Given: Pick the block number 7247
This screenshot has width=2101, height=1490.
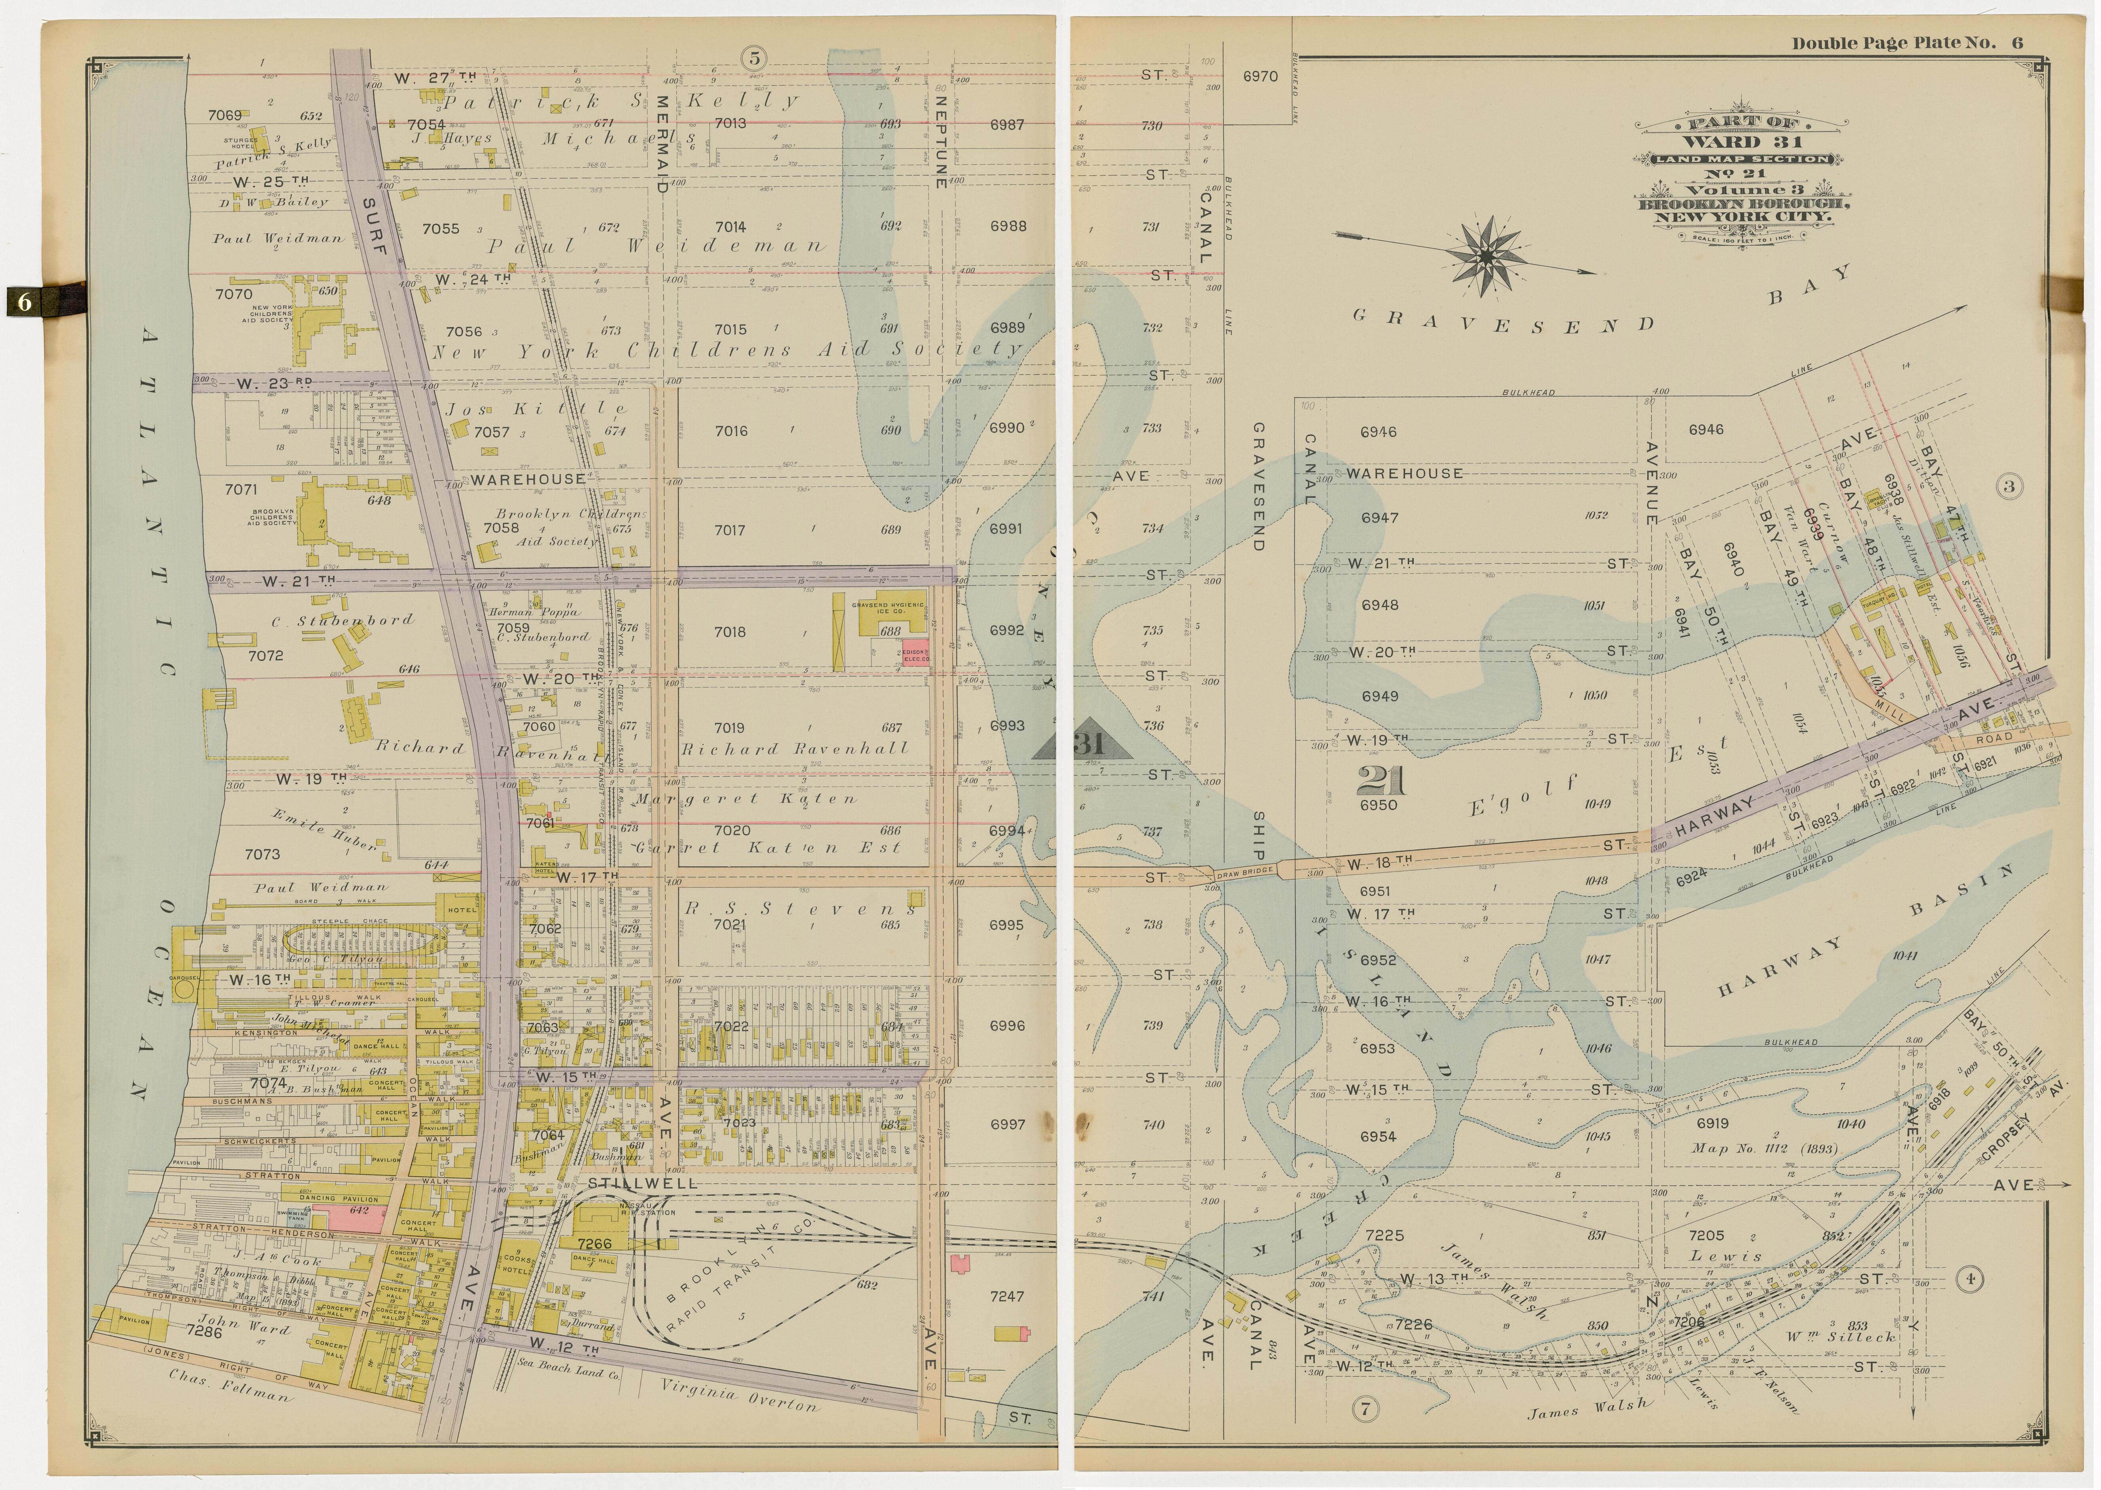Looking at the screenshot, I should pyautogui.click(x=1006, y=1297).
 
